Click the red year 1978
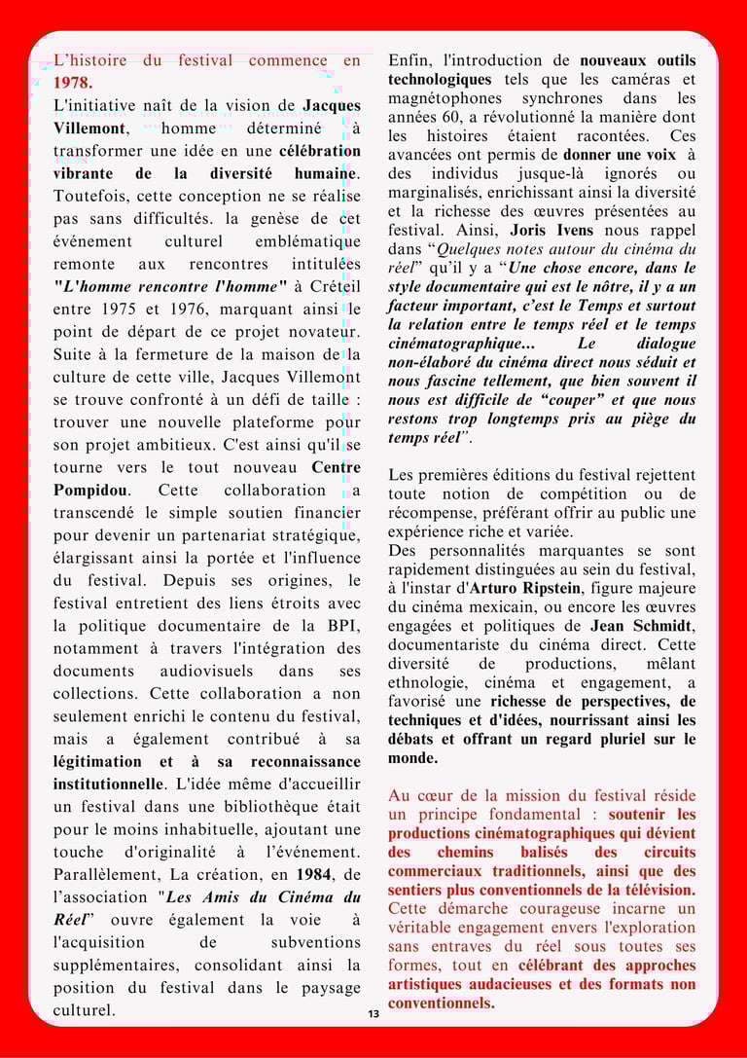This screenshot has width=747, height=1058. [x=73, y=83]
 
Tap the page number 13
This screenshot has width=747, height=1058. [x=373, y=1014]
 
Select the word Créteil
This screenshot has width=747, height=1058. [x=330, y=286]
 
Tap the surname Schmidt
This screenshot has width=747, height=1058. [x=658, y=626]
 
